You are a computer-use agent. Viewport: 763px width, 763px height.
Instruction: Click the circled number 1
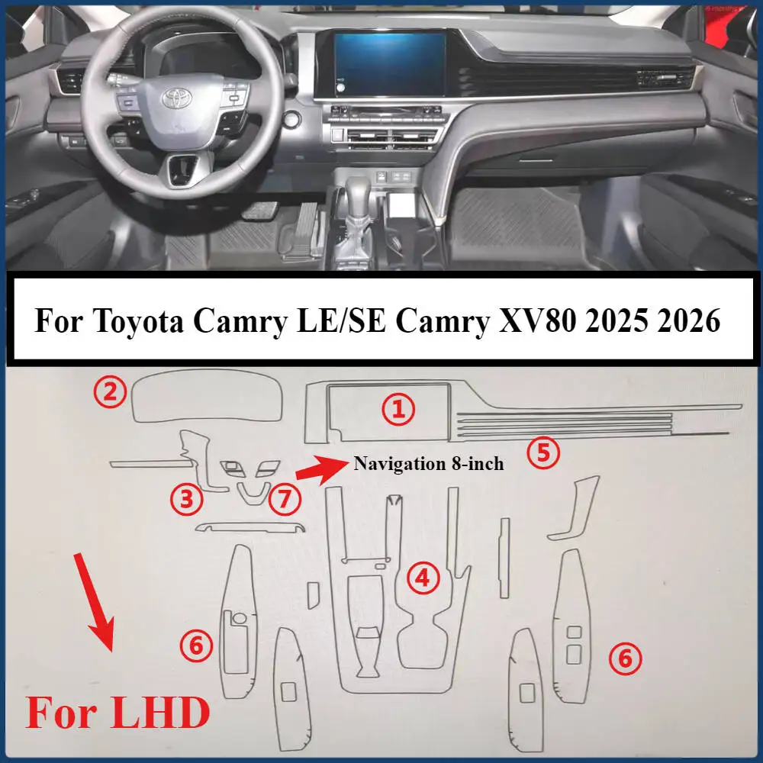[x=398, y=409]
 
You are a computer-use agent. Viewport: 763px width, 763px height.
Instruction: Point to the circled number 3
[x=186, y=499]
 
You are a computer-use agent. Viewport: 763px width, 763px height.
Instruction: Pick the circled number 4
[x=423, y=578]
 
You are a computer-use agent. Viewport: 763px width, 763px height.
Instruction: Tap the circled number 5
[x=543, y=452]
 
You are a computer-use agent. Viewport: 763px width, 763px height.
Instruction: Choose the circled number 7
[x=285, y=499]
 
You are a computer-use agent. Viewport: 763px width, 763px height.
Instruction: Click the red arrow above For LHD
[x=94, y=603]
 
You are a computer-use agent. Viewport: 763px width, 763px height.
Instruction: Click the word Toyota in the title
[x=139, y=321]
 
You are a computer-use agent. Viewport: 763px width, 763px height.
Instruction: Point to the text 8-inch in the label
[x=478, y=464]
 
